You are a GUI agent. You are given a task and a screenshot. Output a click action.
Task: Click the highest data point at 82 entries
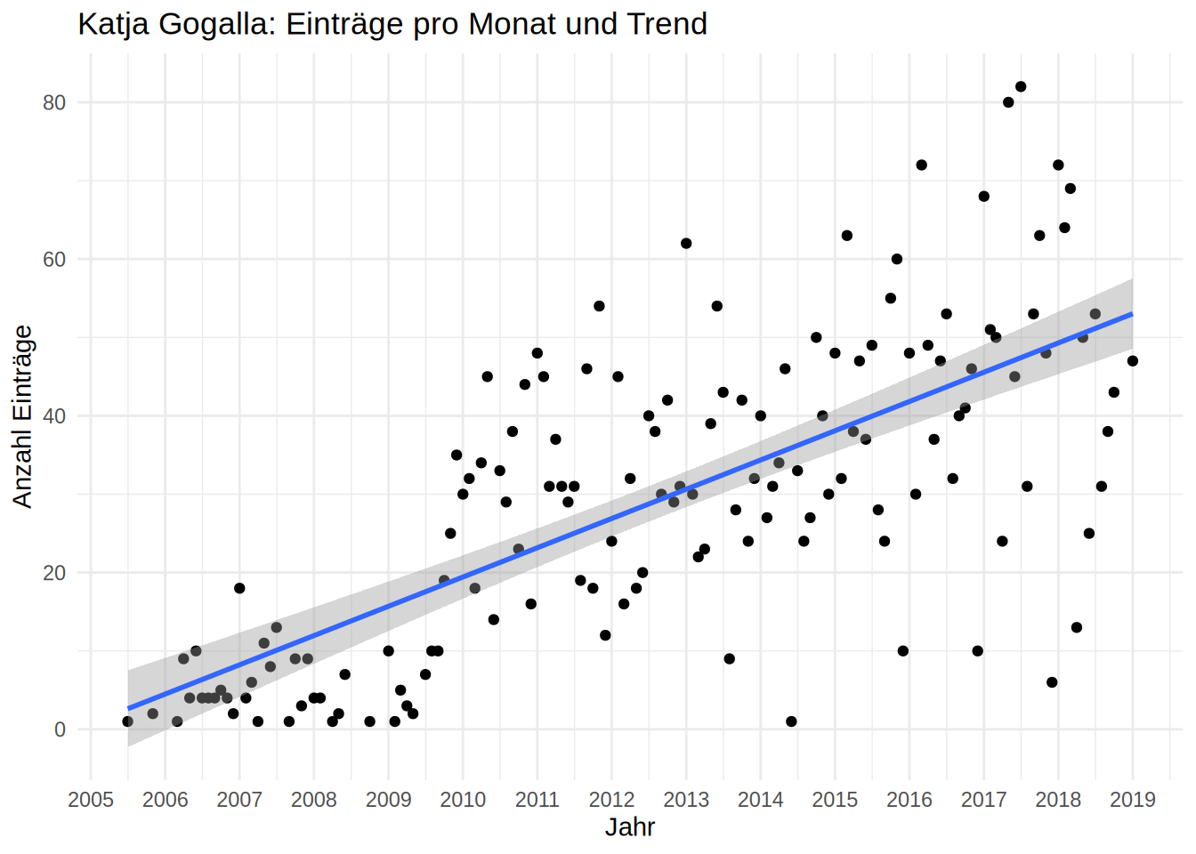tap(1021, 86)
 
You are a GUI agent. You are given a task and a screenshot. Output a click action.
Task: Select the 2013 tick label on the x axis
tap(686, 799)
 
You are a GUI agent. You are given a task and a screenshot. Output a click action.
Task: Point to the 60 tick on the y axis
tap(54, 259)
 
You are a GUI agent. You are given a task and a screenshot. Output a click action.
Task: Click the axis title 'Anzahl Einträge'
tap(22, 416)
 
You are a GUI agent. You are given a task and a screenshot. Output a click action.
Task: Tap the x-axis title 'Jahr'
tap(630, 827)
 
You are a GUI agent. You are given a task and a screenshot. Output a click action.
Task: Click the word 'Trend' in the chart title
tap(667, 24)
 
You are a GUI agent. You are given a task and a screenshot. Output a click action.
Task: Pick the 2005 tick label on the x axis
tap(91, 799)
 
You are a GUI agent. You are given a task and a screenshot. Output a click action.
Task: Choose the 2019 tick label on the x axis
tap(1133, 799)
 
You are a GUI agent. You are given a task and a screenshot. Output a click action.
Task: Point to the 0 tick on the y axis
tap(60, 729)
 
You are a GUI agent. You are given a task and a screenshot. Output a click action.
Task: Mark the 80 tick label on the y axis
tap(54, 102)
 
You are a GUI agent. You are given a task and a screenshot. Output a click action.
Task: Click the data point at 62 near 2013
tap(686, 244)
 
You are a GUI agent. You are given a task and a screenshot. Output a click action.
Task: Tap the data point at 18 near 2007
tap(239, 588)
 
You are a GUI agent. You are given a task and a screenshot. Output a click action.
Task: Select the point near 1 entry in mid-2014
tap(791, 721)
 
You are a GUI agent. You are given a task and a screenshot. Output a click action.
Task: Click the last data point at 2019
tap(1133, 361)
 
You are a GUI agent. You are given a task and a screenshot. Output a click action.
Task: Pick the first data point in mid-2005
tap(128, 721)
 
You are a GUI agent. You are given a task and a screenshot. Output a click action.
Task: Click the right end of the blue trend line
tap(1132, 314)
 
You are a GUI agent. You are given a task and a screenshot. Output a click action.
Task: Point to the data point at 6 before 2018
tap(1052, 682)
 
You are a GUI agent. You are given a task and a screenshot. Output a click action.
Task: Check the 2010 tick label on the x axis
tap(463, 799)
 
